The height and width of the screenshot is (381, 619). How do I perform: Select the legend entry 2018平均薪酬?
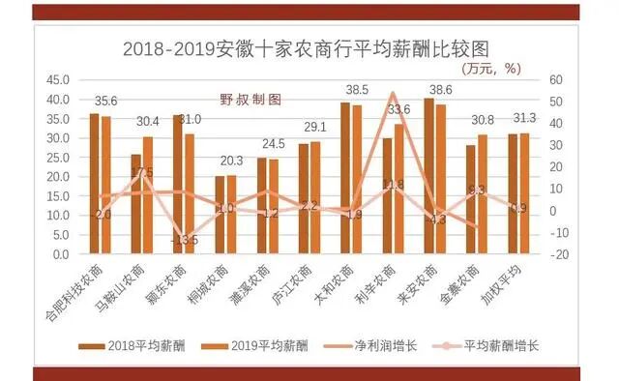point(146,344)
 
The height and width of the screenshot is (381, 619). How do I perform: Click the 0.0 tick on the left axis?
point(59,254)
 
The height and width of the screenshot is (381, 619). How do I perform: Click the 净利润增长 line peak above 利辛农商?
point(393,94)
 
